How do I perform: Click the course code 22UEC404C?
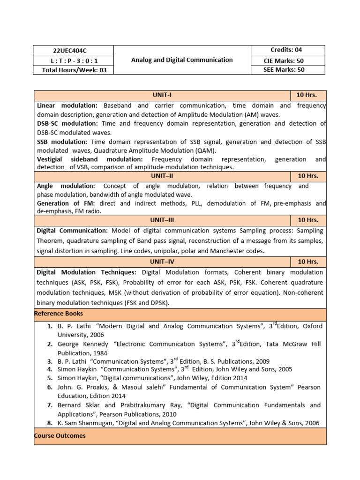pos(73,51)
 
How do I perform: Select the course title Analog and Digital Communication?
pos(182,60)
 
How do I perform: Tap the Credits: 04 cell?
pos(287,50)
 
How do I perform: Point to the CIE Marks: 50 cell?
pos(287,60)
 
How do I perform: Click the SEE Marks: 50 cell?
pos(287,70)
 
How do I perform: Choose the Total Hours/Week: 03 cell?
pos(73,70)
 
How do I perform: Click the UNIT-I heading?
pos(162,95)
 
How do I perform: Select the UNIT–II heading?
pos(162,176)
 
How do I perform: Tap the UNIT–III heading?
pos(162,220)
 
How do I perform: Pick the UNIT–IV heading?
pos(162,262)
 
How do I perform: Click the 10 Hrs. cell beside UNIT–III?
pos(307,220)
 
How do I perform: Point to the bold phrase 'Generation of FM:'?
pos(66,203)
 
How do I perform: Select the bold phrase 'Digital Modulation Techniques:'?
pos(86,272)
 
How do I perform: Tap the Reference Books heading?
pos(59,313)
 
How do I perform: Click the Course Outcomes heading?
pos(60,435)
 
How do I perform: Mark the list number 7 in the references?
pos(49,405)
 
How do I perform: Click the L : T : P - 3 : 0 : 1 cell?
pos(73,60)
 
